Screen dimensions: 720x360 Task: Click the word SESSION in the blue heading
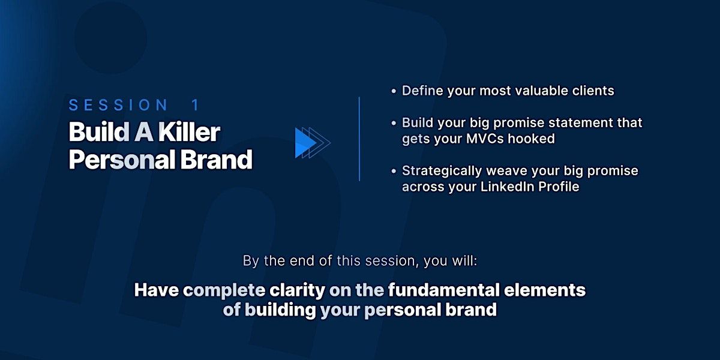[x=118, y=105]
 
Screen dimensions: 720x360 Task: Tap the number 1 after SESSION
[x=196, y=105]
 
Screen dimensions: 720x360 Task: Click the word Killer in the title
[x=190, y=132]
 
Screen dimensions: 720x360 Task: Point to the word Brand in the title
[x=217, y=160]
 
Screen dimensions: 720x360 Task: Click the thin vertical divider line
[x=359, y=139]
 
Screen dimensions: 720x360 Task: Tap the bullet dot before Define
[x=394, y=91]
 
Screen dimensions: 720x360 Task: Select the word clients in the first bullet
[x=593, y=91]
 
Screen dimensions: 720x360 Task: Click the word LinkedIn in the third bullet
[x=507, y=187]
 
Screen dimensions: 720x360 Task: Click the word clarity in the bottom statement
[x=298, y=290]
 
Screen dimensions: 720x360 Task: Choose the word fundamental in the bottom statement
[x=444, y=290]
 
